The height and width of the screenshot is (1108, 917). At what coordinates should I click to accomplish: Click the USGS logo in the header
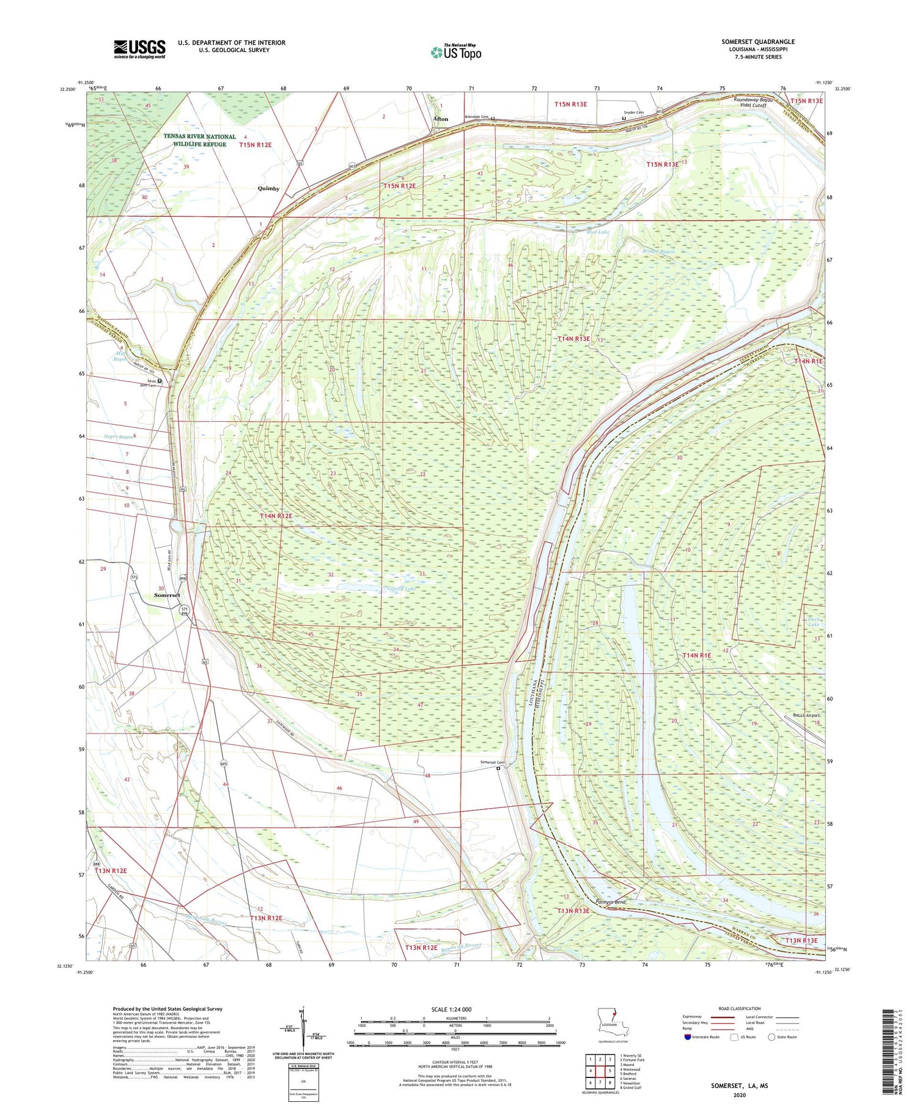(139, 49)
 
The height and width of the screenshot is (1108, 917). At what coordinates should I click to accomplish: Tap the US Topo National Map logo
(456, 52)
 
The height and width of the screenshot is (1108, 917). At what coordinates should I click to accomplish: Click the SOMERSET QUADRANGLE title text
(757, 42)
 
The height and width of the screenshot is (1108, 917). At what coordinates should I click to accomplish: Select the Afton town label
(440, 119)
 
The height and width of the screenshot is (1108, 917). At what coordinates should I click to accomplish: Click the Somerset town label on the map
(167, 595)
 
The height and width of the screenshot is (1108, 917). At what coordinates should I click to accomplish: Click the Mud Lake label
(597, 232)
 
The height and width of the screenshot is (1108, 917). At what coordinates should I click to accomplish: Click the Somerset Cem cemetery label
(492, 762)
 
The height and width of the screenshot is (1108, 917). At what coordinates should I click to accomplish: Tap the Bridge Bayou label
(658, 251)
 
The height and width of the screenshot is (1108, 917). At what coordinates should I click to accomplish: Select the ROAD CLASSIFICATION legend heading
(740, 1008)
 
